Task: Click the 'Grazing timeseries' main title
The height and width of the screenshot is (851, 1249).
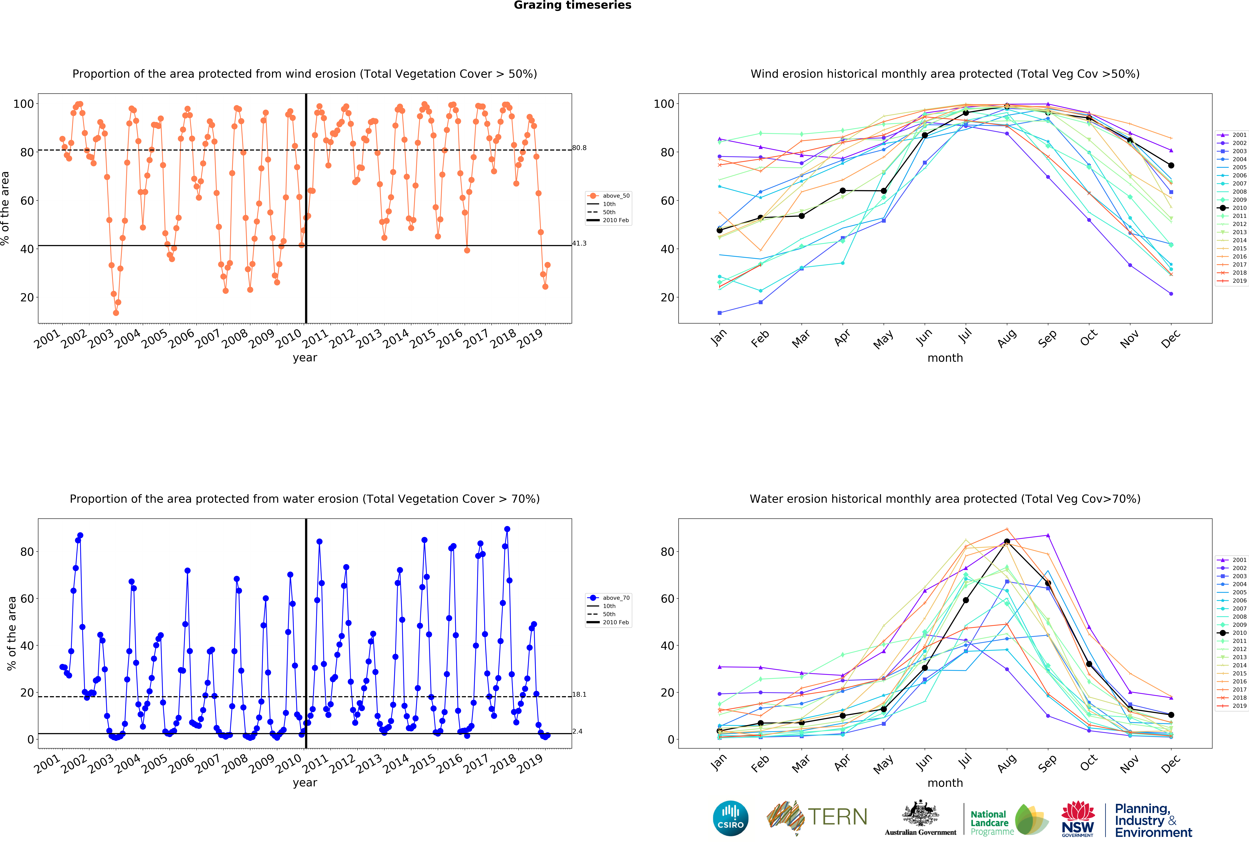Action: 572,5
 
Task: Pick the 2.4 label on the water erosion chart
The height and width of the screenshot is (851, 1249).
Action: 577,731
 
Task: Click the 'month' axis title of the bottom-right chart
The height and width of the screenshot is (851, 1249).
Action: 945,783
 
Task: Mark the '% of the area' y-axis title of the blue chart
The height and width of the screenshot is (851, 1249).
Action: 11,633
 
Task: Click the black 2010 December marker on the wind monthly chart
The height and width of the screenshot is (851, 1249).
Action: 1171,165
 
